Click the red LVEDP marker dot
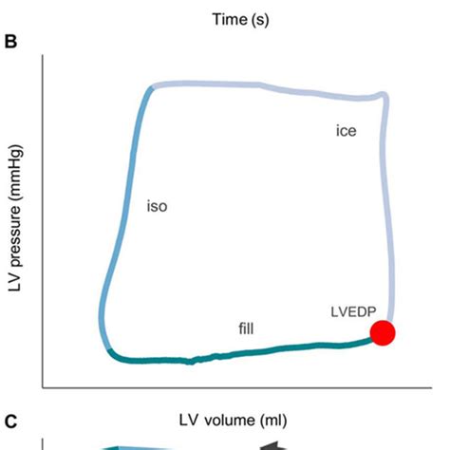(383, 333)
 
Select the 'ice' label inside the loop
(346, 131)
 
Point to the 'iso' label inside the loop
(158, 205)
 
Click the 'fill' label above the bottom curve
(246, 328)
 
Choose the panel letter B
(10, 42)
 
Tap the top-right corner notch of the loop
(384, 95)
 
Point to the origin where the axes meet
(43, 387)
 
